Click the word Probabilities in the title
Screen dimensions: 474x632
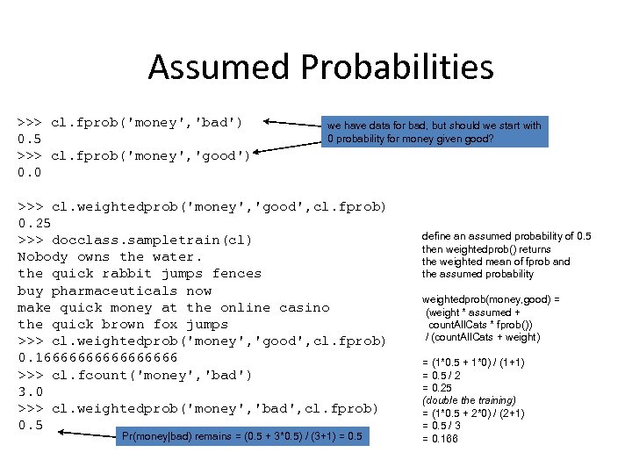393,68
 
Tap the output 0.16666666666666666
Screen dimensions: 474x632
97,357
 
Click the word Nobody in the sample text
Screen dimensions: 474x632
43,256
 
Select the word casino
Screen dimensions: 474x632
304,307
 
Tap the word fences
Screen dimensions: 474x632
237,273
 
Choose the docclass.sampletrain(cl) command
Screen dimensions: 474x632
152,240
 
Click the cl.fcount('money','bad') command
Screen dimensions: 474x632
152,375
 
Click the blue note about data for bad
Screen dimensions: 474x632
434,132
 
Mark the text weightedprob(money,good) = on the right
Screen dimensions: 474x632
491,299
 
